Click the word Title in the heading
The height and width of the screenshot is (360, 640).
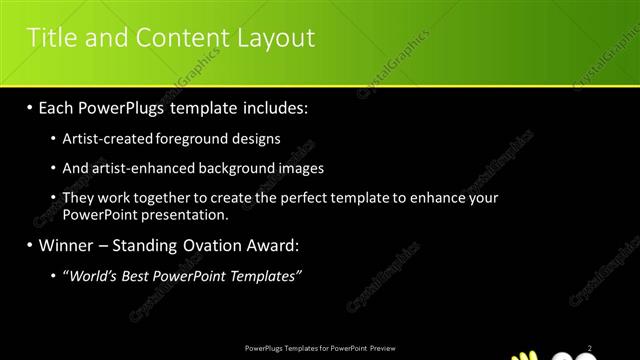coord(50,38)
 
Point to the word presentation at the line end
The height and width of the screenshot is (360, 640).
coord(190,214)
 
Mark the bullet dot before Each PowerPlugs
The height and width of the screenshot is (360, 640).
coord(31,107)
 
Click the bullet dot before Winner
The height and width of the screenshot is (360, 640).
coord(31,244)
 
